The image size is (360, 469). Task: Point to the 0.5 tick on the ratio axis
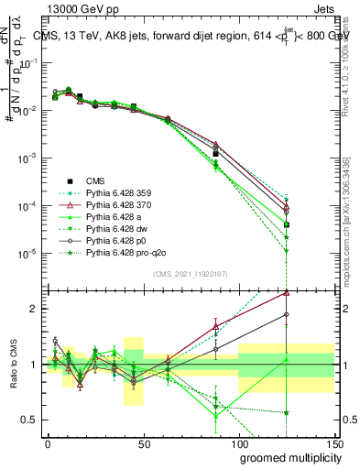(x=33, y=420)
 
